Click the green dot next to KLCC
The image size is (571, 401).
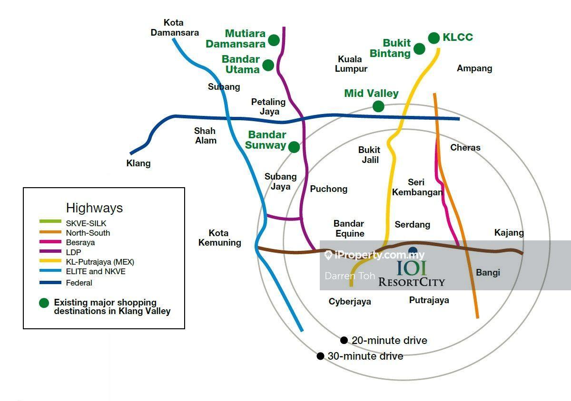point(433,38)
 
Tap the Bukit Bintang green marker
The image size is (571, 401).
point(419,48)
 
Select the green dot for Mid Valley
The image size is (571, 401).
point(378,106)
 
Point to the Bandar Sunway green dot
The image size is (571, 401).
point(294,147)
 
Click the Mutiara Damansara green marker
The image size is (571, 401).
point(274,40)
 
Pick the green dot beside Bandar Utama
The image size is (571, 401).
point(268,65)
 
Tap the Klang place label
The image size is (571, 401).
point(138,163)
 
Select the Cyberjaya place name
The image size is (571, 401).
point(350,302)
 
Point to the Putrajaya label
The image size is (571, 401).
point(429,300)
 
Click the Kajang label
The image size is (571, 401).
point(509,233)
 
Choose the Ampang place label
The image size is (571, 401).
point(474,68)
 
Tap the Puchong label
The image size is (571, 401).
point(329,189)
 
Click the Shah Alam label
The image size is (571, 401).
point(205,135)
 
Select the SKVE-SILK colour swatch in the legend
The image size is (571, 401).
point(50,221)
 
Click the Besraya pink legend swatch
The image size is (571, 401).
point(50,241)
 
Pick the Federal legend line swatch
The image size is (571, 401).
point(50,282)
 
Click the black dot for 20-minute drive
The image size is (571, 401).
point(344,340)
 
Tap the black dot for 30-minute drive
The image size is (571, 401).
point(320,356)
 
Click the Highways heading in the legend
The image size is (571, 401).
point(94,208)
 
